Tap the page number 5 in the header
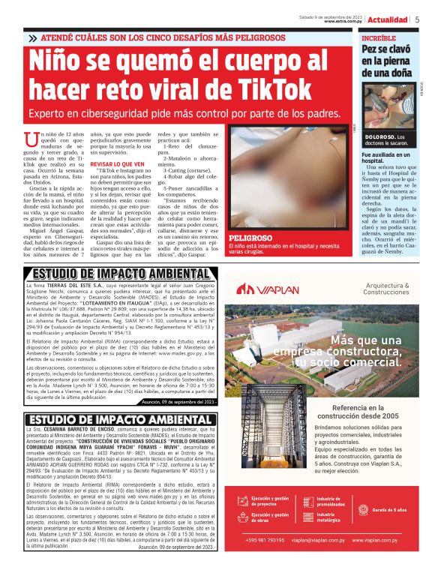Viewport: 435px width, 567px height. [417, 19]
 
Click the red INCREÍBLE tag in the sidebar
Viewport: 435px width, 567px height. [379, 37]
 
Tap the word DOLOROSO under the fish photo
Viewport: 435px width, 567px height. [380, 136]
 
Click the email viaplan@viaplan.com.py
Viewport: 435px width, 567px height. [320, 539]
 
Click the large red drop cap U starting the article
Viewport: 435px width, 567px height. [52, 139]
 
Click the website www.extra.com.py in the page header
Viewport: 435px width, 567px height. [344, 22]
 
